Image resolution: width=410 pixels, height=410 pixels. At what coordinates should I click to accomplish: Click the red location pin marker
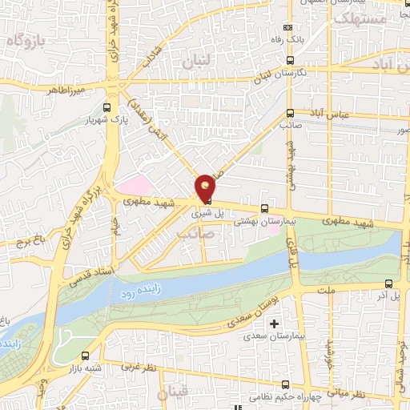point(206,187)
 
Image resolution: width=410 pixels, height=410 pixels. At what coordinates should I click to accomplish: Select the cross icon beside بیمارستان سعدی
point(275,324)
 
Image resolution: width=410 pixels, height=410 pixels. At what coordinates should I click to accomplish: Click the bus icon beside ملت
point(389,283)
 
